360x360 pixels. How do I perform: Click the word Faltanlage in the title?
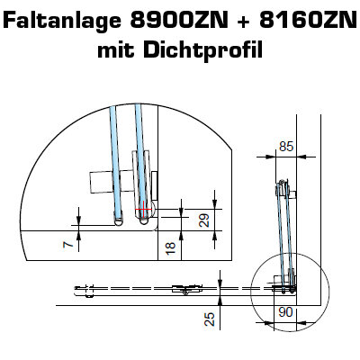pos(63,22)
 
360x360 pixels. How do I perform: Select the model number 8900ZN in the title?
pos(179,21)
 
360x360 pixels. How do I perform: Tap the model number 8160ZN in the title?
pos(308,21)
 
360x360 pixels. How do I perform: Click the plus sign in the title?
pos(244,22)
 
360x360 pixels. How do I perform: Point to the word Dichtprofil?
pos(203,50)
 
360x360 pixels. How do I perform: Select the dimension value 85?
pos(286,147)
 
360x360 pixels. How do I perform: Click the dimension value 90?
pos(285,312)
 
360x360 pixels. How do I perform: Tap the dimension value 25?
pos(210,319)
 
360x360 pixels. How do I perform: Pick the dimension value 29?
pos(204,220)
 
